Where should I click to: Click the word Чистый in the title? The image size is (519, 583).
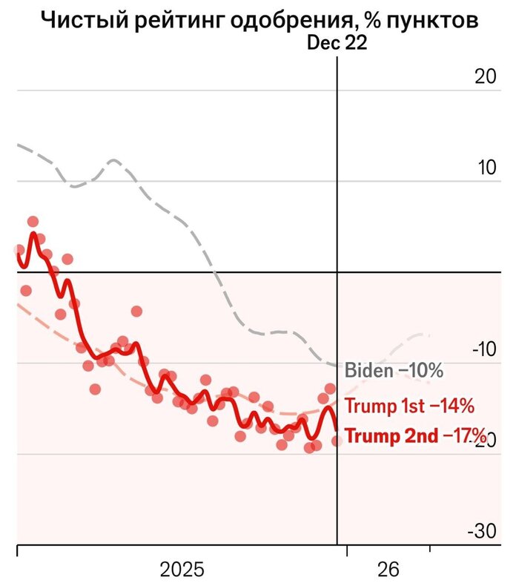(79, 20)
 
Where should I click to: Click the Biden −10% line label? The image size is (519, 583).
(394, 369)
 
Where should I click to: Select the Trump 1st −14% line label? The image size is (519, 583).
(410, 406)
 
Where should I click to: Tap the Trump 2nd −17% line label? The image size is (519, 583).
(416, 435)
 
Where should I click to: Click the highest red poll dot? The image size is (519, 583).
(33, 221)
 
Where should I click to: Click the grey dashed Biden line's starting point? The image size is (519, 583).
(18, 145)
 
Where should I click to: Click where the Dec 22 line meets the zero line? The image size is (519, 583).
(337, 272)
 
